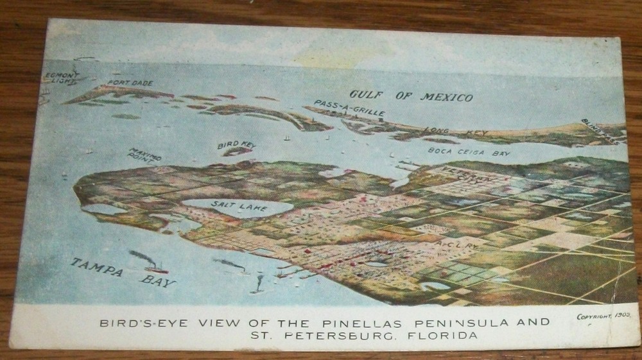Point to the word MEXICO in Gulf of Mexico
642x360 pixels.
pos(446,98)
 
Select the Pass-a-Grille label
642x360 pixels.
pos(349,108)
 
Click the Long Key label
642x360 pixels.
pos(455,132)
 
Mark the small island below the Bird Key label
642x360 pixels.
pos(238,152)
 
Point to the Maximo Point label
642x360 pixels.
pos(145,154)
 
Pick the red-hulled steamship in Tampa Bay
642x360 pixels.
pos(156,268)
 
